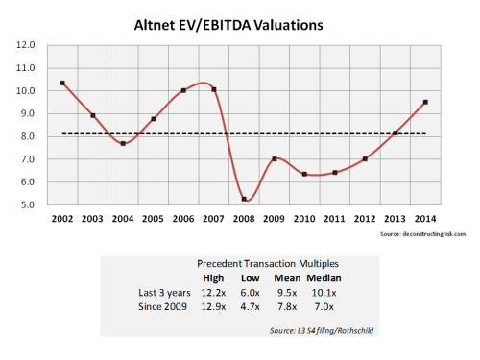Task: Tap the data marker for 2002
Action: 62,83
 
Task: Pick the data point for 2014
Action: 425,102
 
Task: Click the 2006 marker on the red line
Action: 183,90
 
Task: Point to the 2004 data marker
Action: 123,143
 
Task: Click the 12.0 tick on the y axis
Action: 28,45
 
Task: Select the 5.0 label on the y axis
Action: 28,204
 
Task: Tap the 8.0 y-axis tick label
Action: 28,136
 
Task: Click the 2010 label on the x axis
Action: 304,221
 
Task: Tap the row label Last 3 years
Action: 167,293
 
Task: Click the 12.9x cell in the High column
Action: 212,307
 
